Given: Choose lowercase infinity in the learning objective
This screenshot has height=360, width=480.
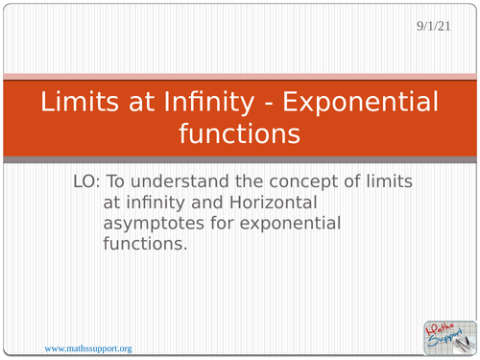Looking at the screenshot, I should point(153,204).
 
